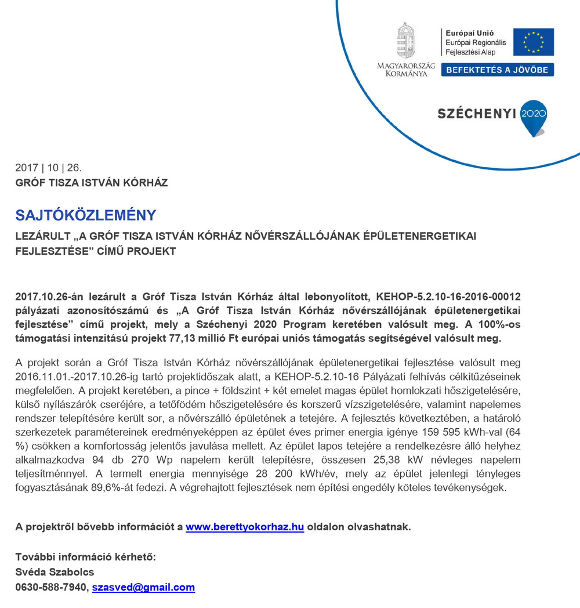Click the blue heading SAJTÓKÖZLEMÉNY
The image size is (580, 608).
coord(86,215)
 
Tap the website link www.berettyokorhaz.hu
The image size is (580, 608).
coord(245,527)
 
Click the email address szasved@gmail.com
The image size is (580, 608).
coord(143,588)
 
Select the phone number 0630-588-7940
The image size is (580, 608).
coord(51,588)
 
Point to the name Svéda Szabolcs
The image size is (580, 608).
coord(55,573)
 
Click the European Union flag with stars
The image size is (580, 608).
coord(533,42)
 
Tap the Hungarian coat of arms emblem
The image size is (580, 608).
coord(405,41)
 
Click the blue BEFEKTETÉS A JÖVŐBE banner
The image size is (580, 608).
coord(498,70)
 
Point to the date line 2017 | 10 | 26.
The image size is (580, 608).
coord(49,168)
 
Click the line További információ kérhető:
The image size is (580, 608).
coord(86,558)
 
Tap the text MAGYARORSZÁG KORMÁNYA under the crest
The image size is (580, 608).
coord(406,70)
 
